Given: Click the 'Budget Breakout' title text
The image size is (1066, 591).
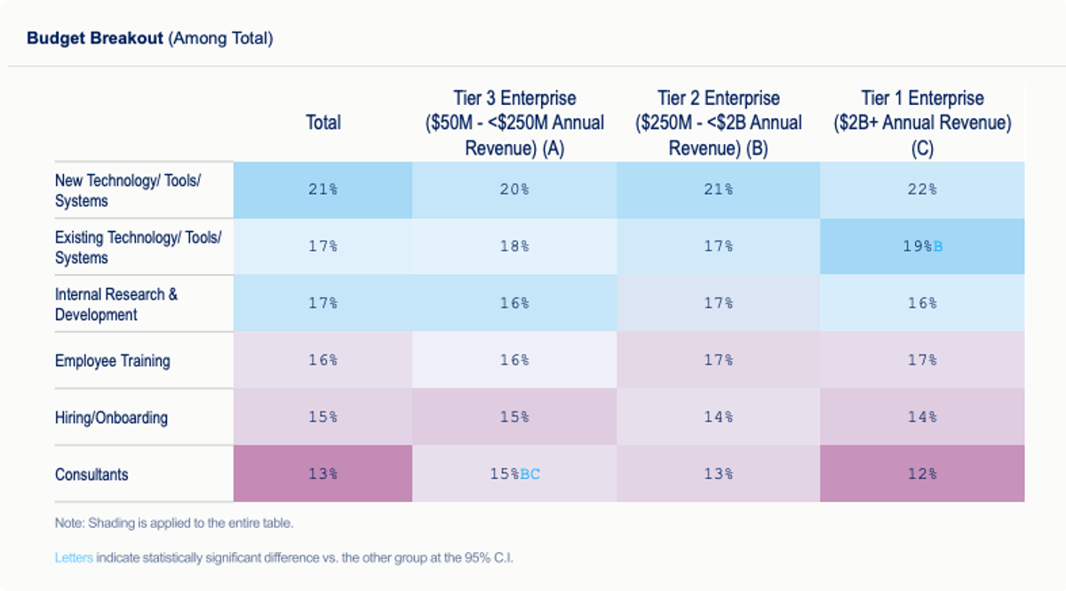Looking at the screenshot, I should point(95,38).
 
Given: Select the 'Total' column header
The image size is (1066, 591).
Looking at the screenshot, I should point(322,123).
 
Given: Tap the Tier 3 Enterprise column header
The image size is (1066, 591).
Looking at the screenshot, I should point(514,124).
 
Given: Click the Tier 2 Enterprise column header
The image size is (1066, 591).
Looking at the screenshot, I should point(718,124).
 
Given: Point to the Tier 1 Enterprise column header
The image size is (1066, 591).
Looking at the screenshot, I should point(922,124).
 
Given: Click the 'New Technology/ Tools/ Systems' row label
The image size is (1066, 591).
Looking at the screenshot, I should point(128,191).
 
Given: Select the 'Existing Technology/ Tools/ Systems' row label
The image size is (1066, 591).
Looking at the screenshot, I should point(138,248).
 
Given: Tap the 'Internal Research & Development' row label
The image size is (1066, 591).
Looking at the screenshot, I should point(116,304).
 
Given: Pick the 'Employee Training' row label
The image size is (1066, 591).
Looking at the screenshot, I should point(112,361).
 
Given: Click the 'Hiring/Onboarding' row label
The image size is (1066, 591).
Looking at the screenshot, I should point(111,418).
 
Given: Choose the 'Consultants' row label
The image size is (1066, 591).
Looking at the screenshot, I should point(91,475).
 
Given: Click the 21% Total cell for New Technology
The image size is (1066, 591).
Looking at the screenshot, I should point(322,189).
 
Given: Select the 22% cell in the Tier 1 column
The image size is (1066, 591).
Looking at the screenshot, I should point(922,189).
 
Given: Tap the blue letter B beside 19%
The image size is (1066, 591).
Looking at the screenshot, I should point(938,246).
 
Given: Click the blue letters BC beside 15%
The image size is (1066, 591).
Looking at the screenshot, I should point(529,475).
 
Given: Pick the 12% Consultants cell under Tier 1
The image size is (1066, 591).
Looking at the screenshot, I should point(922,475).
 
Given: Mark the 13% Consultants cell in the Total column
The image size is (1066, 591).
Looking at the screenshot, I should point(322,475).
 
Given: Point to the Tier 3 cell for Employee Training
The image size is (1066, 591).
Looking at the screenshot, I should point(514,360).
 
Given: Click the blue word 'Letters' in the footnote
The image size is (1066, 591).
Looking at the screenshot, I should point(73,558).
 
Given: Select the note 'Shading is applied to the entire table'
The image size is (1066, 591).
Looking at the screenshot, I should point(174,523).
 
